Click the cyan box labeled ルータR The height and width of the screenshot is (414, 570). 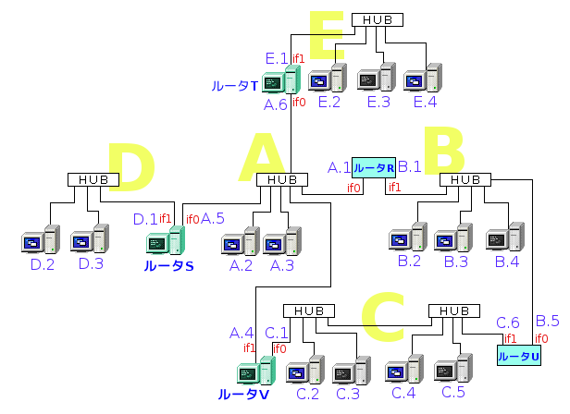(374, 167)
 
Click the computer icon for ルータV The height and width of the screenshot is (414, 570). (254, 371)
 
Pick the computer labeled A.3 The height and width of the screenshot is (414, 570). (281, 241)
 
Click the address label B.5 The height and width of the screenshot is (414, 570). (547, 321)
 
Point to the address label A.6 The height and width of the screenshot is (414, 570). (276, 105)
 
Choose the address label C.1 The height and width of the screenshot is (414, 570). (277, 332)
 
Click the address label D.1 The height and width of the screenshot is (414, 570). (145, 219)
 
